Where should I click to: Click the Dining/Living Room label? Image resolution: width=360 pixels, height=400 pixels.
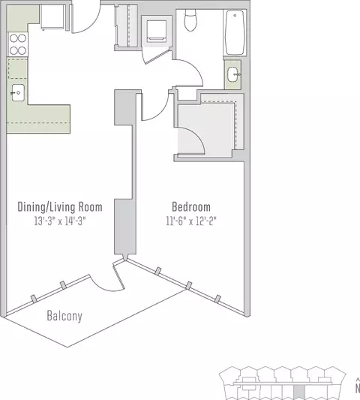tap(60, 207)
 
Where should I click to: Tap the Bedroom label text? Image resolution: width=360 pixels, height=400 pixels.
tap(191, 206)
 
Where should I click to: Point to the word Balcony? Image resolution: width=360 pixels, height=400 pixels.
tap(64, 316)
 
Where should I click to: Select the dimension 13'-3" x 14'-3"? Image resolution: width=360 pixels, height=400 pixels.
tap(60, 221)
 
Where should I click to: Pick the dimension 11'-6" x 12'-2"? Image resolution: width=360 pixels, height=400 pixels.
tap(191, 221)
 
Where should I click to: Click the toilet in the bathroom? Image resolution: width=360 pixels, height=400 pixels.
tap(190, 20)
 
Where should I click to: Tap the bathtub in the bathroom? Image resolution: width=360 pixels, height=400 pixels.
tap(235, 32)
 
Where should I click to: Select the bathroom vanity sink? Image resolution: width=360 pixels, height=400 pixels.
tap(232, 74)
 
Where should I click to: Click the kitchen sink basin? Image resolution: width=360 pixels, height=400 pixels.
tap(18, 92)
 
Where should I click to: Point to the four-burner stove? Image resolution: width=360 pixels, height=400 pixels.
tap(17, 44)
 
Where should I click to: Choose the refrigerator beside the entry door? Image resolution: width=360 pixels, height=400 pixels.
tap(52, 17)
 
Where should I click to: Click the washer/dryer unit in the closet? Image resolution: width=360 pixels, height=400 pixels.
tap(157, 31)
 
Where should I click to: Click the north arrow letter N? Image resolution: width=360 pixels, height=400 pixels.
tap(358, 389)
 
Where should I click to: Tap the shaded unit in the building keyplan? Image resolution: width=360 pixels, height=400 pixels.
tap(299, 392)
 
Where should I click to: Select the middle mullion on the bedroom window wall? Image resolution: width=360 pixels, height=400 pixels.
tap(188, 285)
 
